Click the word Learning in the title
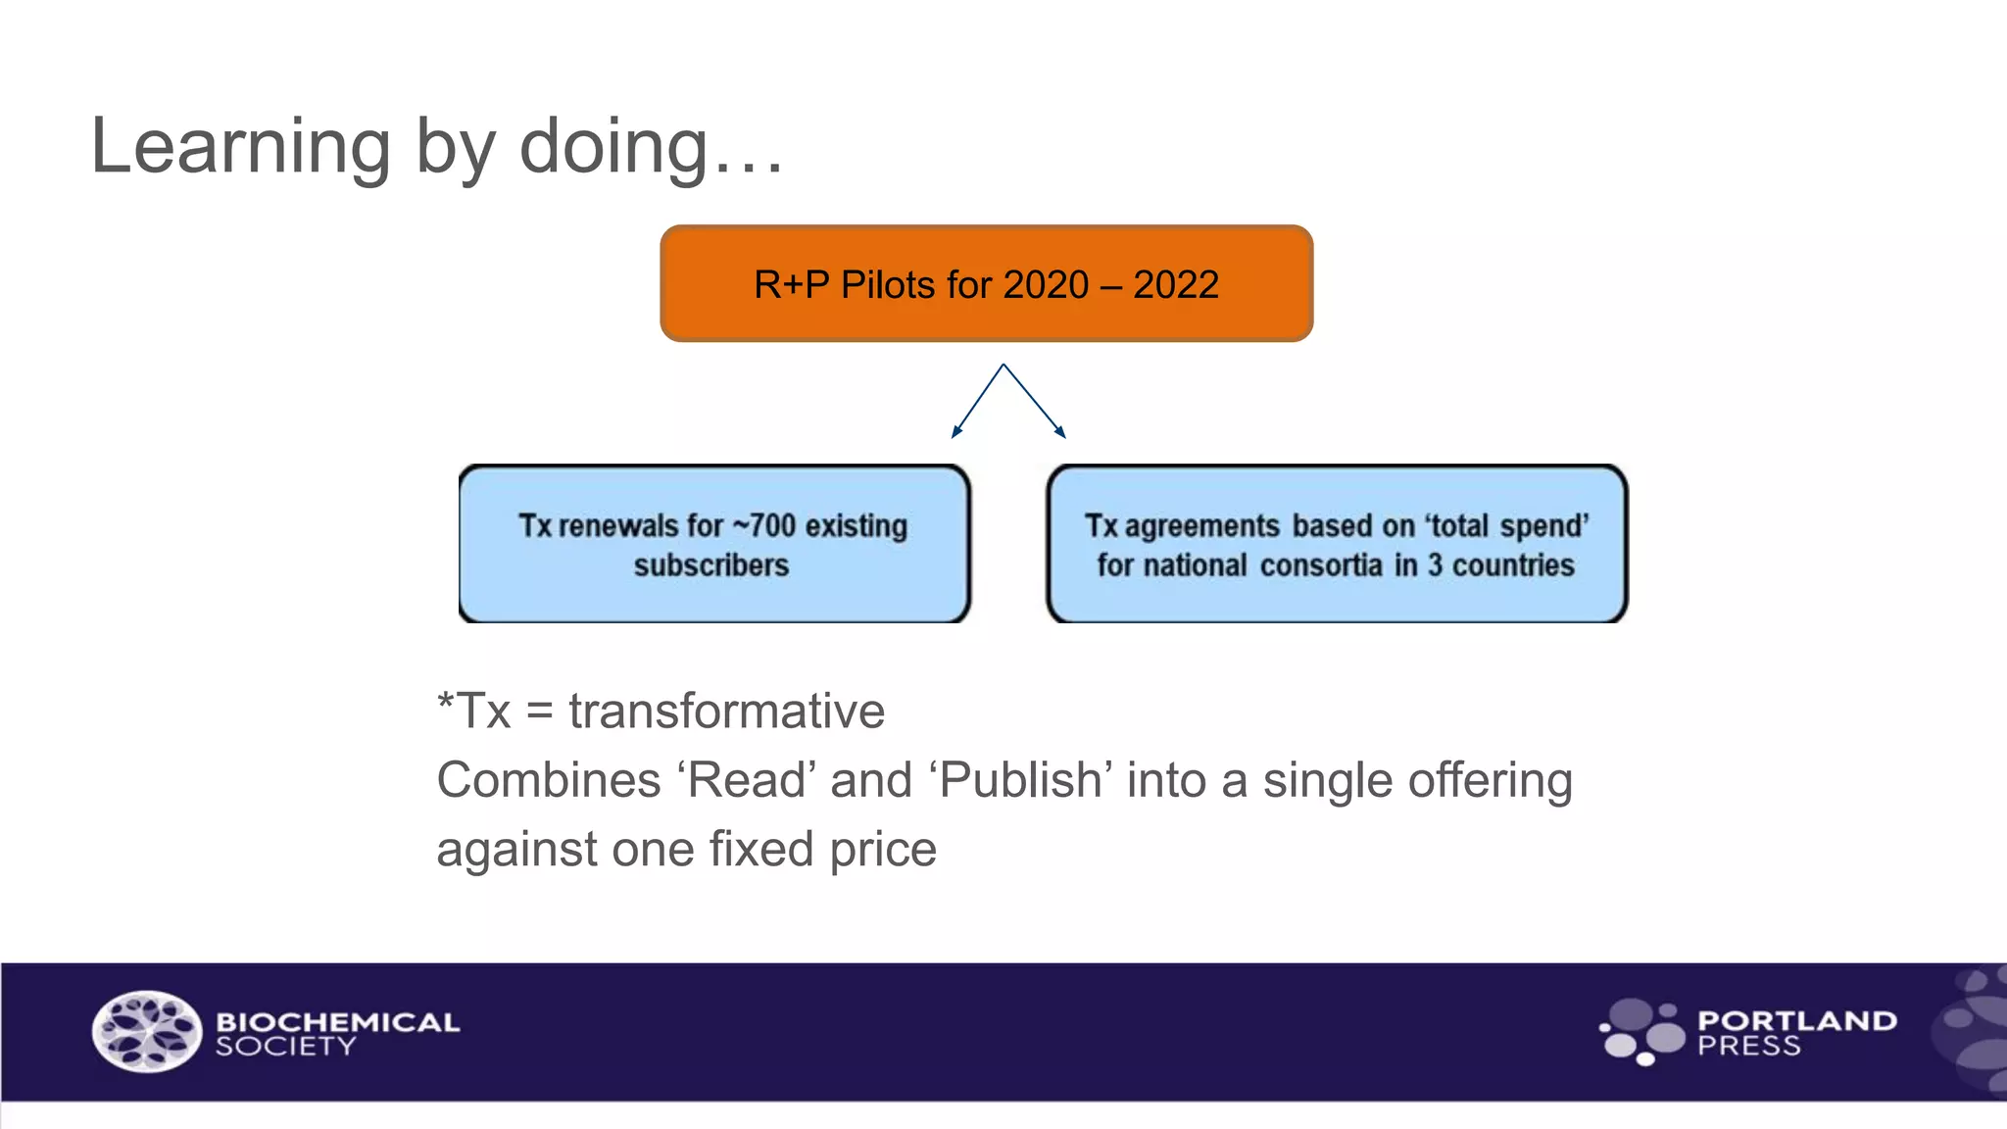point(241,147)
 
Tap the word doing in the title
point(613,147)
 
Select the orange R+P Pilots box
point(986,284)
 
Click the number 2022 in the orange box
point(1175,285)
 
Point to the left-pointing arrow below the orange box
point(976,401)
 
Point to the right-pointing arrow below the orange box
point(1035,401)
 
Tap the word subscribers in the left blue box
point(711,565)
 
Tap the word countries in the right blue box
point(1513,565)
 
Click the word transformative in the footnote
point(726,711)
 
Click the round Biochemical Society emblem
point(147,1031)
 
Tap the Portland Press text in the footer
point(1796,1033)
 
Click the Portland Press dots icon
point(1642,1031)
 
